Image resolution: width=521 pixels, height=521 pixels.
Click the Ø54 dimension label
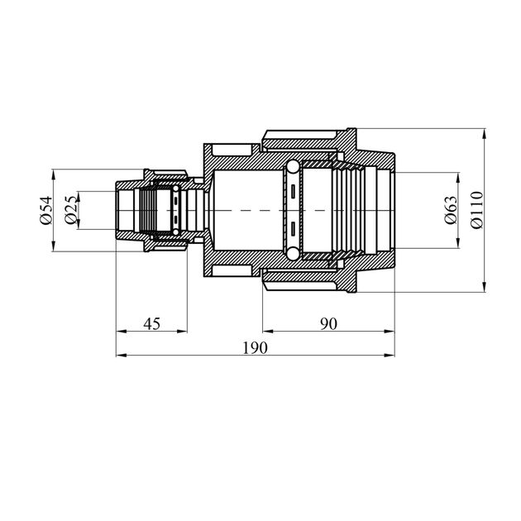tap(46, 210)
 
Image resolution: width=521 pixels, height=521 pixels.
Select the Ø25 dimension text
tap(72, 210)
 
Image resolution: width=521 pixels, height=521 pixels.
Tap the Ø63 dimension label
tap(451, 210)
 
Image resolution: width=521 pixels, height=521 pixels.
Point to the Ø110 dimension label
tap(477, 210)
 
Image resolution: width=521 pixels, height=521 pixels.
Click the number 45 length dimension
tap(152, 323)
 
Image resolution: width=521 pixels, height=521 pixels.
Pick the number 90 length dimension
tap(328, 323)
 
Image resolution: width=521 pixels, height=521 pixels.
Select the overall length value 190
tap(255, 348)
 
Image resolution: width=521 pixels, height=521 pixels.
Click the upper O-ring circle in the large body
tap(293, 166)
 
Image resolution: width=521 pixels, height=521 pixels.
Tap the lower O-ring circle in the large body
tap(293, 254)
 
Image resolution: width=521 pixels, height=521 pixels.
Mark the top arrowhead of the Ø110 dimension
tap(485, 134)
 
